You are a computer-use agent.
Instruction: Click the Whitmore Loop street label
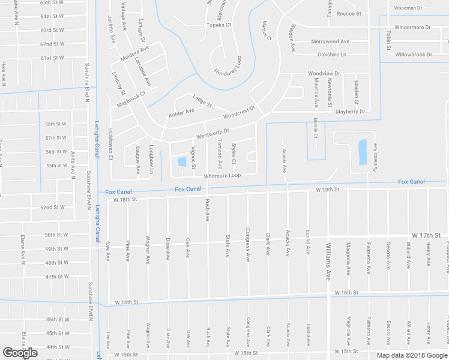click(222, 176)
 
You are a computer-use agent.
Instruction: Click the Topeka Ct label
click(218, 25)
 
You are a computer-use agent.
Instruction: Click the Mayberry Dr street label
click(350, 112)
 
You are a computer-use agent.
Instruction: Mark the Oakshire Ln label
click(332, 55)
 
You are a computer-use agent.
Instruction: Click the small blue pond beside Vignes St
click(181, 161)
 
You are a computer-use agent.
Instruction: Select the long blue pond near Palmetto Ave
click(361, 152)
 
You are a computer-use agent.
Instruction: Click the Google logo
click(20, 353)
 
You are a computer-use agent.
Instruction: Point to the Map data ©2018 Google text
click(412, 355)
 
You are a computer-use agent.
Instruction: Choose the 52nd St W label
click(52, 208)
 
